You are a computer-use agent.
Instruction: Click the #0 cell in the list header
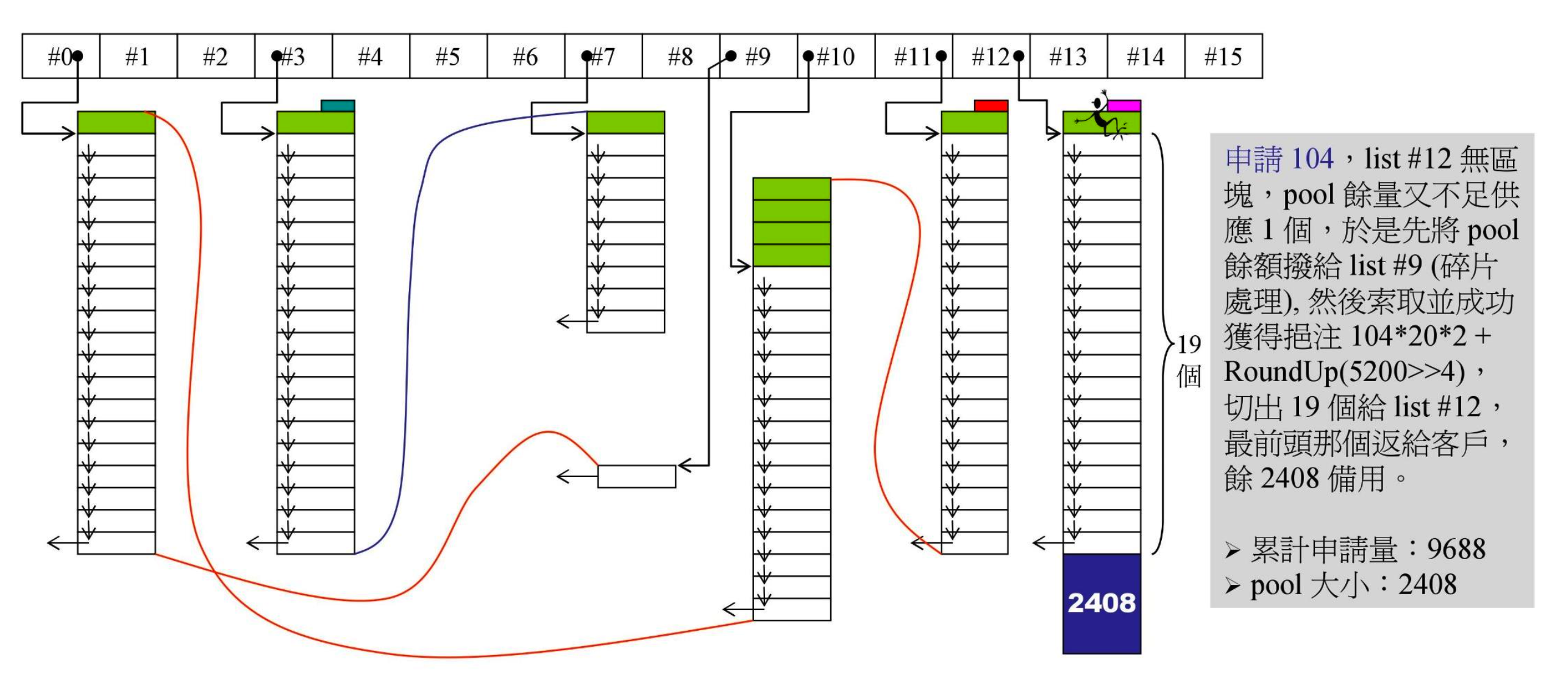(x=60, y=57)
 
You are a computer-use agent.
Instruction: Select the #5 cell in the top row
(x=448, y=57)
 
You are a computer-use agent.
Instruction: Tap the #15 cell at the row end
(x=1223, y=57)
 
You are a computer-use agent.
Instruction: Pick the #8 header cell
(x=680, y=57)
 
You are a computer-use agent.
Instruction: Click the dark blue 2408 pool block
(x=1102, y=603)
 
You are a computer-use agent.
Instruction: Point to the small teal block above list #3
(x=338, y=106)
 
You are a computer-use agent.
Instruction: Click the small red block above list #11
(x=991, y=106)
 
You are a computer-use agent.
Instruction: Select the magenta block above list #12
(x=1123, y=106)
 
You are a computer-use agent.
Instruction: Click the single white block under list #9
(x=636, y=477)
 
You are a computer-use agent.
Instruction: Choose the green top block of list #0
(x=116, y=122)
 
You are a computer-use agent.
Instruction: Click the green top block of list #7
(x=625, y=122)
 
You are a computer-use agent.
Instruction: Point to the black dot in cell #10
(x=808, y=57)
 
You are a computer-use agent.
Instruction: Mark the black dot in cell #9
(x=731, y=57)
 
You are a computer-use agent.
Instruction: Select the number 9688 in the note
(x=1456, y=550)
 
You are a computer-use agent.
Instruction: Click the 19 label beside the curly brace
(x=1189, y=345)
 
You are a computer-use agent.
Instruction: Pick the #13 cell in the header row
(x=1068, y=57)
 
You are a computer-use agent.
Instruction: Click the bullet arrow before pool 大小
(x=1233, y=586)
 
